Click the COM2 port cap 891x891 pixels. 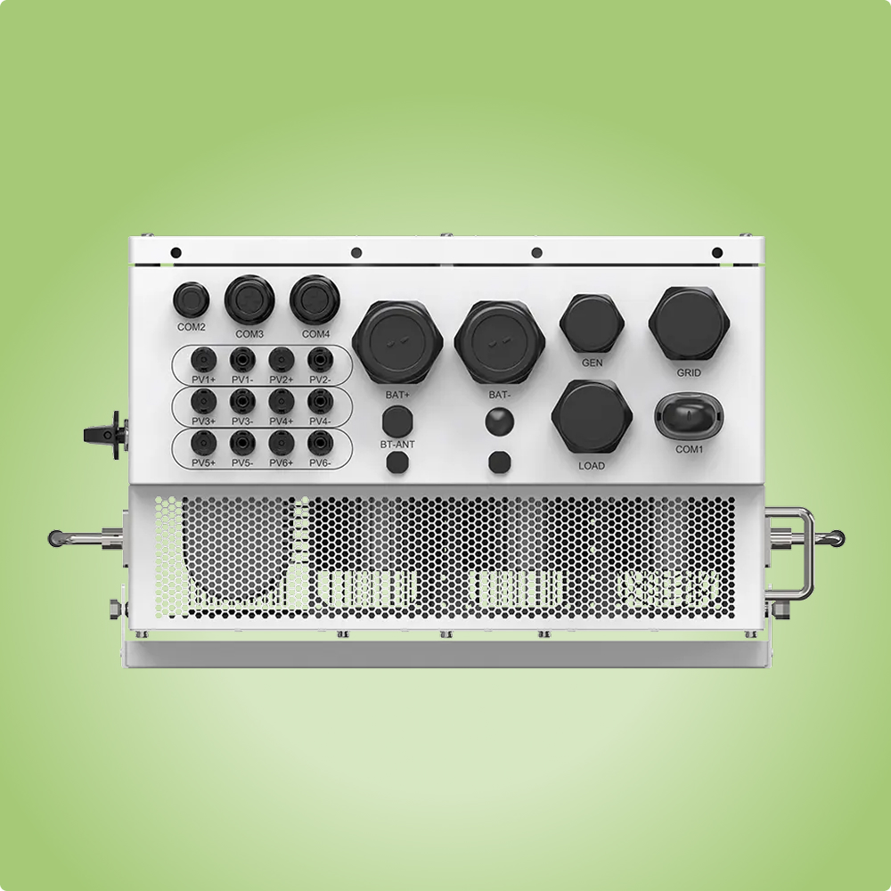coord(191,299)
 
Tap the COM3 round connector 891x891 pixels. coord(249,299)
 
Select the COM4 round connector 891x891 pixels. coord(315,299)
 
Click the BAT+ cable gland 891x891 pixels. coord(397,342)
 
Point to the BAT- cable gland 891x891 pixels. coord(500,342)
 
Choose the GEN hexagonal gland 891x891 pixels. coord(593,323)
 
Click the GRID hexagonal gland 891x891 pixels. coord(689,323)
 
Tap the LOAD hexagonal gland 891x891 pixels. coord(592,416)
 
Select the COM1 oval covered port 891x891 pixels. coord(690,416)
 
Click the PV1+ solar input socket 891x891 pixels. coord(203,360)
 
